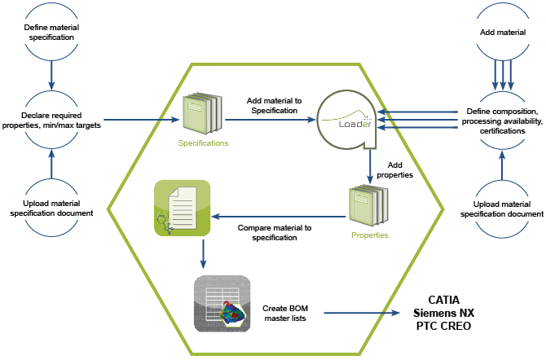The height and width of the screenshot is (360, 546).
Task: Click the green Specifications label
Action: (x=204, y=143)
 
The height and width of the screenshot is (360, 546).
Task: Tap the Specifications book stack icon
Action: (x=202, y=113)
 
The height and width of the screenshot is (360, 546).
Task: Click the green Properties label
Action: (x=370, y=235)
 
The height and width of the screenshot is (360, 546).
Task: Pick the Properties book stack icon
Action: (x=368, y=206)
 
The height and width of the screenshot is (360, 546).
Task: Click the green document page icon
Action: (x=182, y=208)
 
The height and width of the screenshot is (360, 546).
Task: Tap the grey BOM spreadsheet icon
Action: (x=222, y=304)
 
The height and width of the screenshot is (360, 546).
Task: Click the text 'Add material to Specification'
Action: (x=274, y=106)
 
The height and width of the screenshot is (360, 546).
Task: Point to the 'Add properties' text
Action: (x=395, y=170)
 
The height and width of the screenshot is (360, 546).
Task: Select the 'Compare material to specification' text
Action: (x=275, y=233)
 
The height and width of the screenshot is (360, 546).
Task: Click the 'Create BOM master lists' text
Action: (x=285, y=313)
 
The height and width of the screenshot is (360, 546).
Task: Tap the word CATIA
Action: (x=443, y=300)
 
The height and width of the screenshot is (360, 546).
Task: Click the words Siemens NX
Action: (x=443, y=313)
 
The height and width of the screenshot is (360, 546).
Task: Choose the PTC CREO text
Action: (x=443, y=326)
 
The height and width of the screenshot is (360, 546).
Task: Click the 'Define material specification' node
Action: (x=51, y=32)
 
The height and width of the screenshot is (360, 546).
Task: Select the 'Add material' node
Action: (x=503, y=33)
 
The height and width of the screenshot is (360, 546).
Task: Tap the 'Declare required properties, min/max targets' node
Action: (x=51, y=120)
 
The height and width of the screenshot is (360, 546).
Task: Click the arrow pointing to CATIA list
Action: (x=362, y=313)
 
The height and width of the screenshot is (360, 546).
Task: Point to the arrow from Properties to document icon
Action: (x=279, y=217)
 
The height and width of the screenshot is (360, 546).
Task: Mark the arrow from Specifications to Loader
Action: (x=271, y=120)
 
